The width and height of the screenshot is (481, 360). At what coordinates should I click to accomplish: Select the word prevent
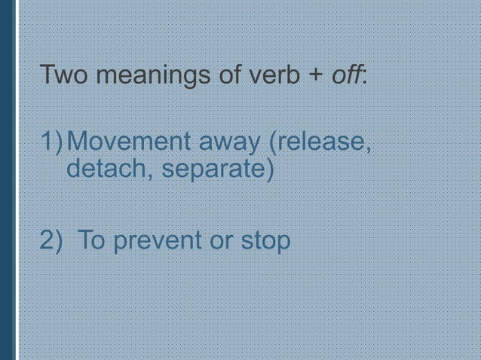tap(159, 242)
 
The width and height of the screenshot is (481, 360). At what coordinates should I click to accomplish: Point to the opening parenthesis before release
tap(265, 142)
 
